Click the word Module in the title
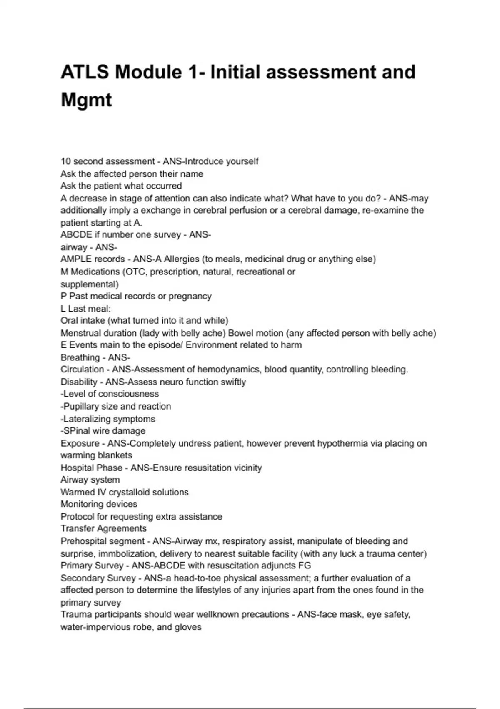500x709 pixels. pos(148,72)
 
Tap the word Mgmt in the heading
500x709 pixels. pos(86,100)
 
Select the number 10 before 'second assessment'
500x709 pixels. pos(65,161)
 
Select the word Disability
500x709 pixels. pos(78,382)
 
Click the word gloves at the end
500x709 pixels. pos(190,627)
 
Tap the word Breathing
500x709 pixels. pos(80,357)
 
